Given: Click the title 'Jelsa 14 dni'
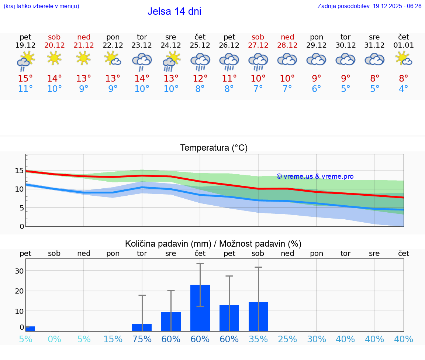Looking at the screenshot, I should [174, 11].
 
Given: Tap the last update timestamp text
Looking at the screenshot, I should [369, 6].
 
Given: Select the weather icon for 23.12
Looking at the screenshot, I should [142, 61].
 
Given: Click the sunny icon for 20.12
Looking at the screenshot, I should [54, 58].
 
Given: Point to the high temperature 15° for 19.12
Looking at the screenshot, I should [25, 78].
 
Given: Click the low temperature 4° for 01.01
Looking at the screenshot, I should [404, 89].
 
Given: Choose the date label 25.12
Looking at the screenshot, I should [200, 45].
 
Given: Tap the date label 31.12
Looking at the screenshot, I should [374, 45].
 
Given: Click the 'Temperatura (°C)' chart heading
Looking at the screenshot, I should [214, 148].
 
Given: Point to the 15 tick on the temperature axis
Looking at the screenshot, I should [19, 171].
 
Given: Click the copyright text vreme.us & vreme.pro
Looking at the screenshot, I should [315, 176].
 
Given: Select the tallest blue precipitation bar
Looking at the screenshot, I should [200, 308].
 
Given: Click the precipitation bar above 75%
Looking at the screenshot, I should [142, 328].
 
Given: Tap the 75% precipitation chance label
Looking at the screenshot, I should [142, 339].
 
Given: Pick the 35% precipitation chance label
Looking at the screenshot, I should [258, 339].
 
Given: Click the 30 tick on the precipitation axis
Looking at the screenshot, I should [19, 271].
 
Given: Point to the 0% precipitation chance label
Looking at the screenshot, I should [54, 339].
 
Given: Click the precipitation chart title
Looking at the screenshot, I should [213, 244].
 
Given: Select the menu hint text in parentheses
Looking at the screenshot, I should [41, 6].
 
